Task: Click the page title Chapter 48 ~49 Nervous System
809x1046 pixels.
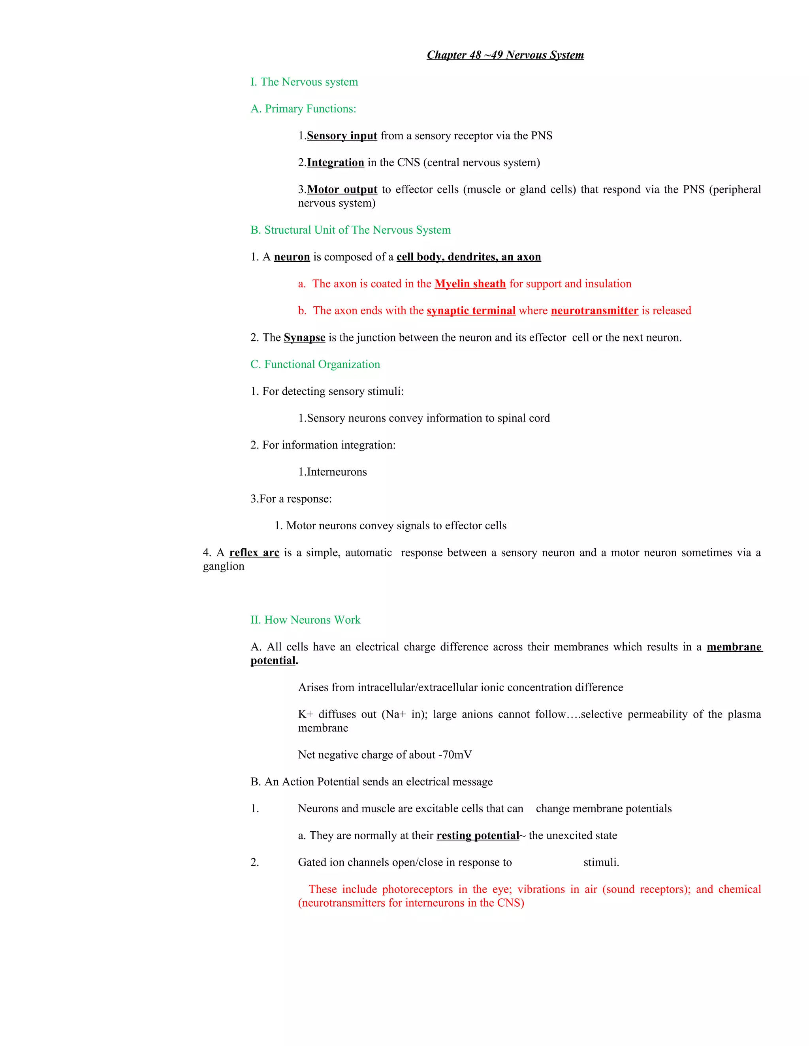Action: pyautogui.click(x=505, y=55)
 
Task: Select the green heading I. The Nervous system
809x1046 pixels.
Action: pyautogui.click(x=304, y=82)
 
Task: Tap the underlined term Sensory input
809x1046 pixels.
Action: pyautogui.click(x=342, y=136)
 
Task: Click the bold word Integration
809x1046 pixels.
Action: pyautogui.click(x=335, y=163)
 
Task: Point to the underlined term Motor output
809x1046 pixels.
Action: pyautogui.click(x=342, y=189)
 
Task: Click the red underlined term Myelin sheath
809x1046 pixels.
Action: pyautogui.click(x=470, y=284)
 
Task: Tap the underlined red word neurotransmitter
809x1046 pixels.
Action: pyautogui.click(x=594, y=311)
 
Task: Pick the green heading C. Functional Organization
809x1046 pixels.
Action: pyautogui.click(x=315, y=364)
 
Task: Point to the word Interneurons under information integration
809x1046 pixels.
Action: pyautogui.click(x=337, y=472)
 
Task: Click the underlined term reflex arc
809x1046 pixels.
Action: pyautogui.click(x=254, y=553)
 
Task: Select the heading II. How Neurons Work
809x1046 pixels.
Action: pyautogui.click(x=305, y=620)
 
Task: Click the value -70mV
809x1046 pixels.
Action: pyautogui.click(x=455, y=755)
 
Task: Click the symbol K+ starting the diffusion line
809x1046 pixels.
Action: pyautogui.click(x=305, y=714)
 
